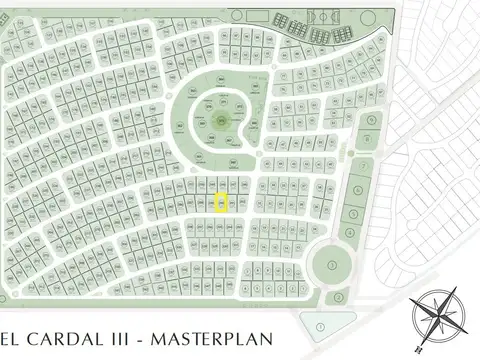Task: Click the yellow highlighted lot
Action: click(222, 202)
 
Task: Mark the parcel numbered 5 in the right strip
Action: click(354, 215)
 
